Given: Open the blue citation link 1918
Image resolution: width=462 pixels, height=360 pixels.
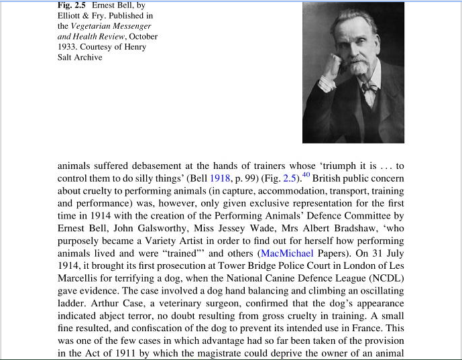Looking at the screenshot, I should [221, 178].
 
